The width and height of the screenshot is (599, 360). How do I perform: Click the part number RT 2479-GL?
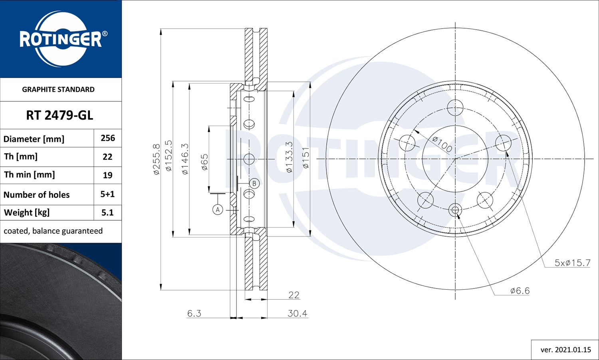tap(60, 115)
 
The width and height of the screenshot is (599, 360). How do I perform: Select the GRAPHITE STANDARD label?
tap(58, 89)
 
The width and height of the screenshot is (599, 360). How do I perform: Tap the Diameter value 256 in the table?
tap(107, 138)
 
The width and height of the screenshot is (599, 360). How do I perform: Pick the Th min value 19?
tap(107, 175)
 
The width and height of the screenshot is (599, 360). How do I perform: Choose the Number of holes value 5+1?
tap(107, 194)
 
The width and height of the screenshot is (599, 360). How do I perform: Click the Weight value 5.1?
tap(107, 213)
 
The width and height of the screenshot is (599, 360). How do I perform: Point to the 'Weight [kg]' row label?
tap(27, 213)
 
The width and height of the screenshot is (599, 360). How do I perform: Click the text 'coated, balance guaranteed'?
tap(53, 231)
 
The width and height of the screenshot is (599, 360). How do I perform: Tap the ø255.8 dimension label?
tap(156, 159)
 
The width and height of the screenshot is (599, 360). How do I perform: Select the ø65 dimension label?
tap(204, 162)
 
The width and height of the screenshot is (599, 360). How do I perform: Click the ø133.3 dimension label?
tap(289, 157)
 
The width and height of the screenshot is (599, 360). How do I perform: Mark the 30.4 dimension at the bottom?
tap(298, 314)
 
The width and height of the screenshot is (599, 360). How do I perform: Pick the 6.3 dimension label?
tap(194, 314)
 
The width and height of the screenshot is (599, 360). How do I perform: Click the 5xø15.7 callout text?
tap(572, 263)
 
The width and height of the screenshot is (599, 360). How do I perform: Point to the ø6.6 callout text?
tap(520, 291)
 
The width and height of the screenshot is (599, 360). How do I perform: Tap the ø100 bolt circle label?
tap(442, 144)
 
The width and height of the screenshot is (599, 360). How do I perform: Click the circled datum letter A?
tap(218, 210)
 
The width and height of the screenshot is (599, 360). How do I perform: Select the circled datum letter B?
tap(254, 184)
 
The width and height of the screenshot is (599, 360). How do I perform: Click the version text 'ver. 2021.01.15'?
tap(565, 350)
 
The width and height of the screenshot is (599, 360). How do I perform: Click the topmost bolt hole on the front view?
tap(455, 107)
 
